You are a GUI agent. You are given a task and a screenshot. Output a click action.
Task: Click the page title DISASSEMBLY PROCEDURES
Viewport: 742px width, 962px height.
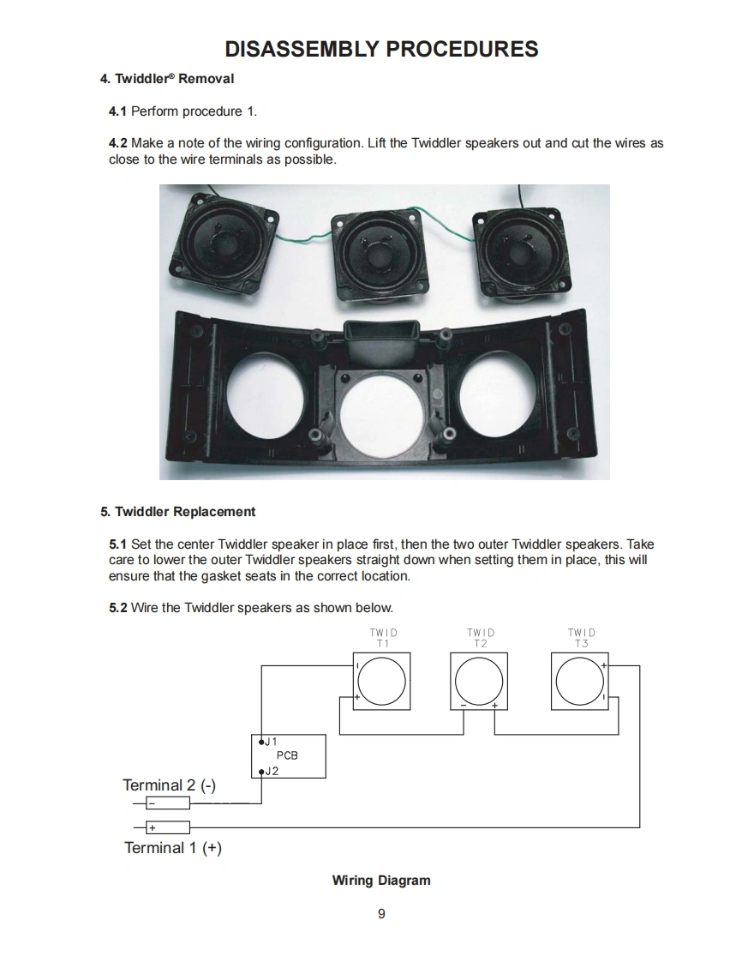381,49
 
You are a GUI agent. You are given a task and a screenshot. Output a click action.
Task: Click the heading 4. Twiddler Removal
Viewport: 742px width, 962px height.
167,79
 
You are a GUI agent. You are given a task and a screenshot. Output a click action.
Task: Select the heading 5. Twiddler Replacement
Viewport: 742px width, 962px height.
177,512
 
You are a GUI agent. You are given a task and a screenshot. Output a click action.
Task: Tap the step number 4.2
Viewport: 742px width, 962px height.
118,143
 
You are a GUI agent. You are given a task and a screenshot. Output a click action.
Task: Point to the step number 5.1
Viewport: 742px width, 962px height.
118,544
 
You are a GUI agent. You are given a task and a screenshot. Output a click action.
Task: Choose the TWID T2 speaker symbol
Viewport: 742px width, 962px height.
478,682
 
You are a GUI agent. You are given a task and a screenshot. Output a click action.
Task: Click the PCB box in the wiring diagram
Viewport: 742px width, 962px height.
289,756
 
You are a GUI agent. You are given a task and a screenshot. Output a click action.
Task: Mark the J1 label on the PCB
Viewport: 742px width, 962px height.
271,741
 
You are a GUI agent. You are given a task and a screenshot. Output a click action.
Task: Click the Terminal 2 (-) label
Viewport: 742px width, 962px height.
170,785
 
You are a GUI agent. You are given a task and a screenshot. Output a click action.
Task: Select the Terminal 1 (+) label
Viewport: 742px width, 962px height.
173,848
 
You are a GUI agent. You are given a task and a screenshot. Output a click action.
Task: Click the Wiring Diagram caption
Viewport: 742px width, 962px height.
381,881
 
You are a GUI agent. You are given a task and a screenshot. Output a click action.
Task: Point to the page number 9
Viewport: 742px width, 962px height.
381,914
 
